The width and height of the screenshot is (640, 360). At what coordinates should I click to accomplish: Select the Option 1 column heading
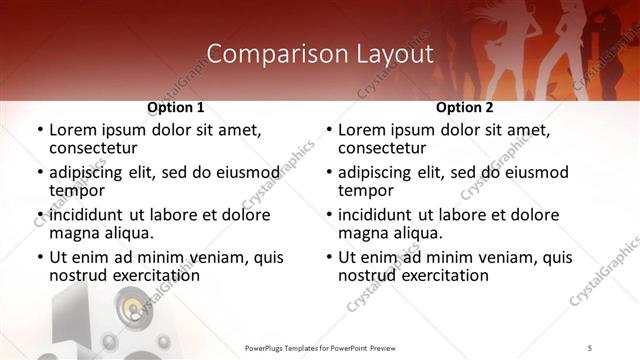pyautogui.click(x=176, y=107)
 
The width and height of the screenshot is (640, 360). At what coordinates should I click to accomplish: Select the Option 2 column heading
pyautogui.click(x=464, y=107)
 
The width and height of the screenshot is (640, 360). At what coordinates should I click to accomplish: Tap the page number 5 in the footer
pyautogui.click(x=590, y=347)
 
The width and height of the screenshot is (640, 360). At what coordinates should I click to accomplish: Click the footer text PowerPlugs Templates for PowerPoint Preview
pyautogui.click(x=319, y=347)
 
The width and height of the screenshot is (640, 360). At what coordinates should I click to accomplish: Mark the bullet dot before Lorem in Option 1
pyautogui.click(x=39, y=130)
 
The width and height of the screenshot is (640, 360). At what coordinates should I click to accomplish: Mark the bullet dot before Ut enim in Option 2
pyautogui.click(x=328, y=257)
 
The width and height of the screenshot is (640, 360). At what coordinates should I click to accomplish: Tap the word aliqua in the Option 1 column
pyautogui.click(x=129, y=233)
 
